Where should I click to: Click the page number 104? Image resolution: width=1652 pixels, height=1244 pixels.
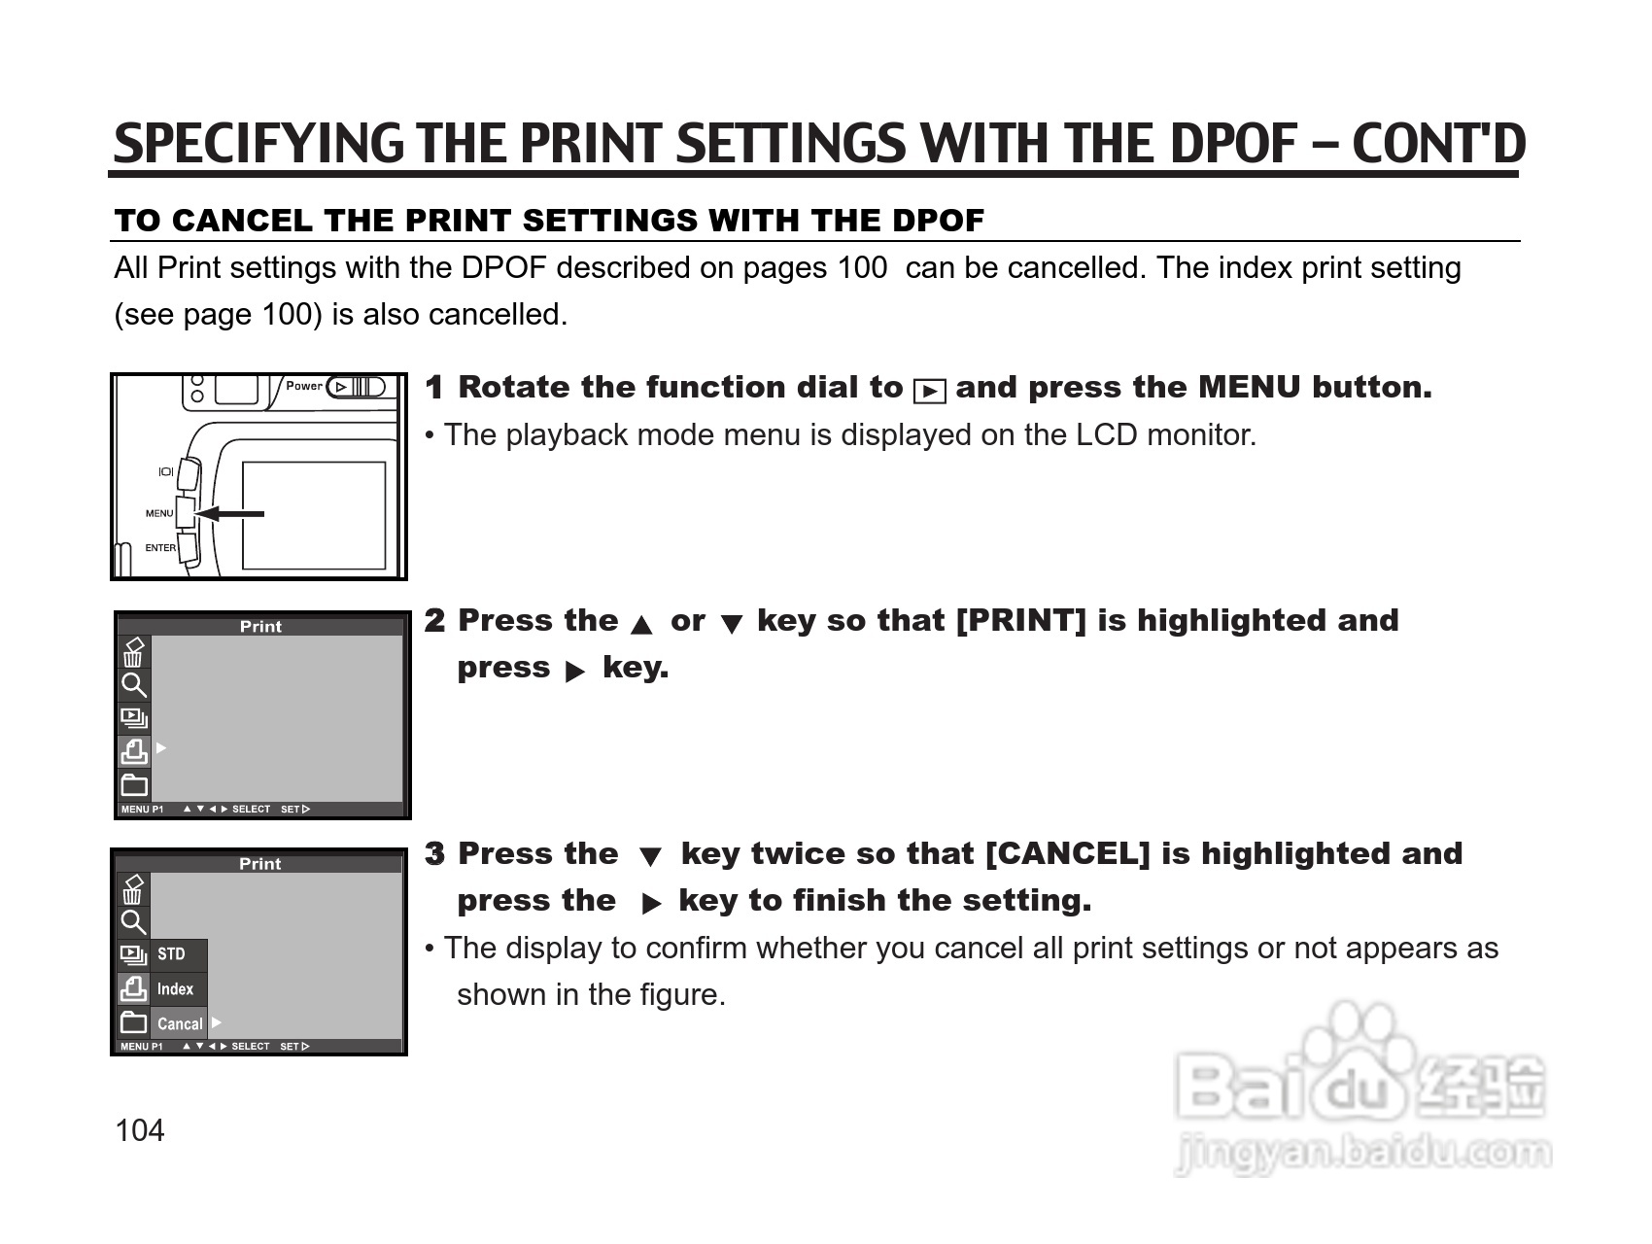(140, 1130)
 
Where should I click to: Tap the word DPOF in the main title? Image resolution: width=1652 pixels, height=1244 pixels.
(1234, 144)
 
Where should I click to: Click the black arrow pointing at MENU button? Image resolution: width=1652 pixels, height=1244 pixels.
(229, 513)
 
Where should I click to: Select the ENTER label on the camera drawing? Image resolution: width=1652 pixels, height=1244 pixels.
(160, 548)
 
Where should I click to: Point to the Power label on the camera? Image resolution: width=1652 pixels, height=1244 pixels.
(304, 386)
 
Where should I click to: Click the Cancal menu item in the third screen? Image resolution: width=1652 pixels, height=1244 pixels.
(180, 1023)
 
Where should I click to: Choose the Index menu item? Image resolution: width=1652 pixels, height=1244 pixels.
(175, 989)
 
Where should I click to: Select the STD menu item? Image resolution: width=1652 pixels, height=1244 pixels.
(171, 954)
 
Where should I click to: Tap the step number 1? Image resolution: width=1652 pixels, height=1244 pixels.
(434, 388)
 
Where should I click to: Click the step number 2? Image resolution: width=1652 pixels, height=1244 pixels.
(435, 621)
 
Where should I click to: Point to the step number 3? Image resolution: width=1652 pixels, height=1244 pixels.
(435, 854)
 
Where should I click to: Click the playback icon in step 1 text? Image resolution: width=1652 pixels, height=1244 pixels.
(930, 391)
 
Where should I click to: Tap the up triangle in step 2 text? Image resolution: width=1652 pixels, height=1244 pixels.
(641, 625)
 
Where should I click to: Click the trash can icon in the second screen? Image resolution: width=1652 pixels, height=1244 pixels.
(134, 652)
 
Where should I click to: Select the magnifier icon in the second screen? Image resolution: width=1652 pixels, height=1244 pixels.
(134, 685)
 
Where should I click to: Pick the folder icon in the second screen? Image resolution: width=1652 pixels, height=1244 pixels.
(134, 784)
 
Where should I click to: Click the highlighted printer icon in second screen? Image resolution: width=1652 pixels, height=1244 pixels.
(134, 751)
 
